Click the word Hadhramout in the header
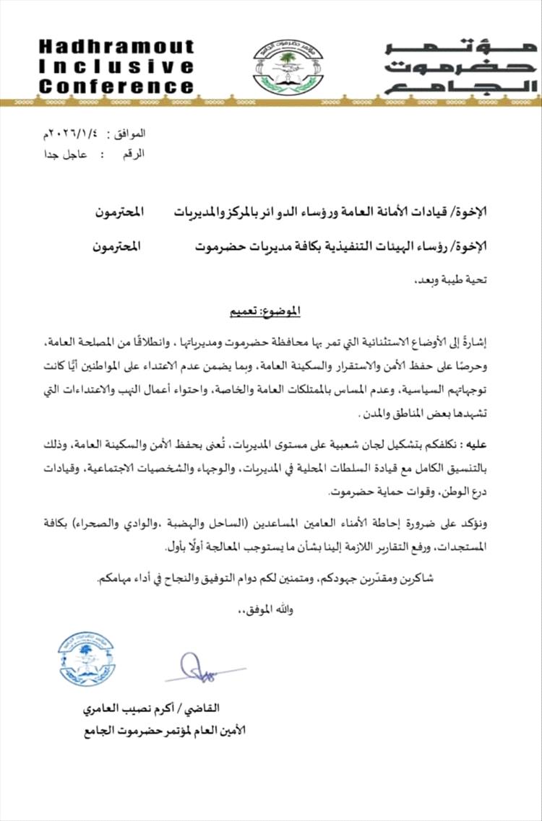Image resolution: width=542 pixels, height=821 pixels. [x=116, y=47]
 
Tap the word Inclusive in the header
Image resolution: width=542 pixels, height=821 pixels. [x=116, y=67]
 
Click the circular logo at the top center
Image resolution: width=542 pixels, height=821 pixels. [x=288, y=67]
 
